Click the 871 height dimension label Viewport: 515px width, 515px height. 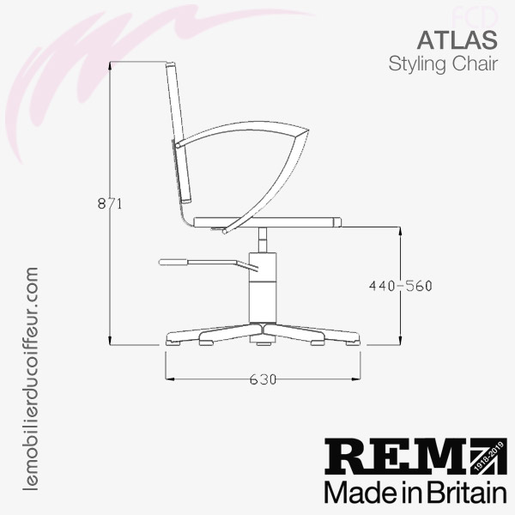coord(110,204)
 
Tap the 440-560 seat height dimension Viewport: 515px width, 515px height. coord(400,286)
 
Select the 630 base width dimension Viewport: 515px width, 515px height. coord(263,379)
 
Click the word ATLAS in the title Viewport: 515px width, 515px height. coord(457,39)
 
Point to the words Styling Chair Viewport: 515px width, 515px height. coord(443,64)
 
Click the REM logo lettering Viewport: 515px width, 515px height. coord(397,457)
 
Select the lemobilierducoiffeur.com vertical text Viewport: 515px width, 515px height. coord(31,379)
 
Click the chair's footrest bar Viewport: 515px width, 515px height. coord(209,264)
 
